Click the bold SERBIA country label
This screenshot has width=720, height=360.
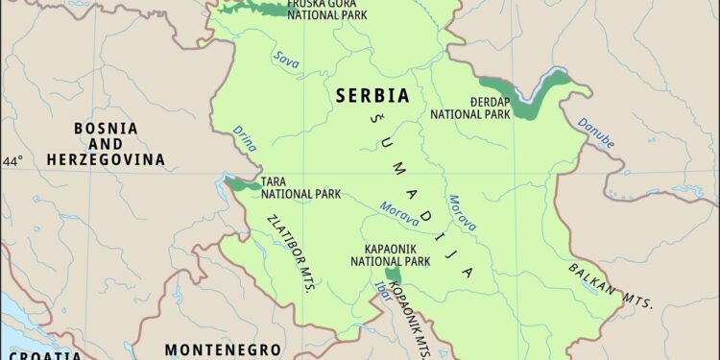pyautogui.click(x=372, y=96)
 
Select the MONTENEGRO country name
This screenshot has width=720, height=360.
pyautogui.click(x=223, y=349)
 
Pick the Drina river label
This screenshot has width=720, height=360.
pyautogui.click(x=245, y=139)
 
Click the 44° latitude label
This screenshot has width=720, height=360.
pyautogui.click(x=14, y=161)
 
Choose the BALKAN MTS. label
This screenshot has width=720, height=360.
pyautogui.click(x=611, y=285)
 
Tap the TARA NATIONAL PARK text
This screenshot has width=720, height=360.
pyautogui.click(x=300, y=186)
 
